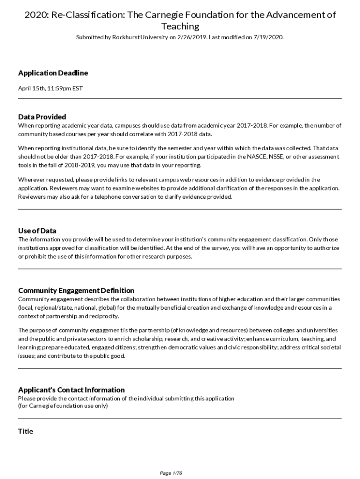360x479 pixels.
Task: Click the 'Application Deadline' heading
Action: coord(53,73)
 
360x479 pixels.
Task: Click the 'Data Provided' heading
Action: coord(42,116)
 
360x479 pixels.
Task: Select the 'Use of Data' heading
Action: coord(37,231)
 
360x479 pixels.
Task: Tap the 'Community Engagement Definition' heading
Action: coord(76,290)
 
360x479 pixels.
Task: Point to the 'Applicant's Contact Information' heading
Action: coord(72,390)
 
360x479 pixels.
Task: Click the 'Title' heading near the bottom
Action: coord(26,431)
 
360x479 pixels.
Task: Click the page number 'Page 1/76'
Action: coord(171,473)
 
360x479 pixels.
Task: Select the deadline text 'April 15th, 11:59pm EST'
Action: coord(50,88)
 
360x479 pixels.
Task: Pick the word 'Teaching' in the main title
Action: coord(180,26)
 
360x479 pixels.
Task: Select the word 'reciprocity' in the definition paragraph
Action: coord(104,316)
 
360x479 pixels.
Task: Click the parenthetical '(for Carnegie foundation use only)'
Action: coord(63,406)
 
